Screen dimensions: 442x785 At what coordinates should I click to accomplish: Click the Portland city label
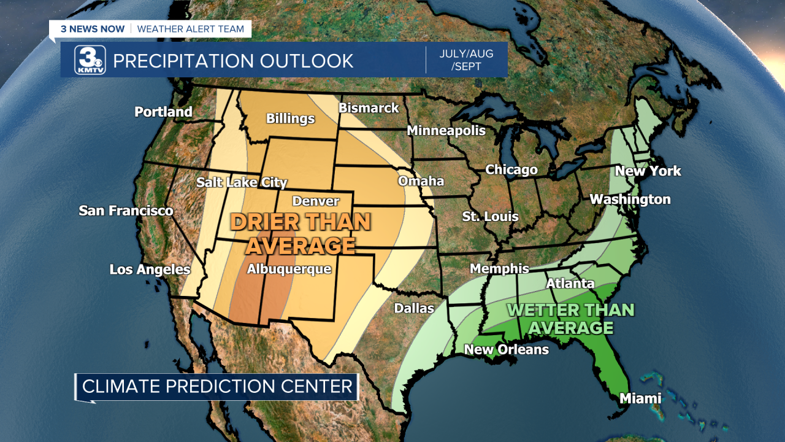[x=163, y=112]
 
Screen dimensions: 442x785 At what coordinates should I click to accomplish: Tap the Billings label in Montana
[x=290, y=118]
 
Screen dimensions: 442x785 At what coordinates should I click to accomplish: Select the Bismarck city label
[x=369, y=108]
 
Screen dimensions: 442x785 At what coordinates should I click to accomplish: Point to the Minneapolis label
[x=446, y=130]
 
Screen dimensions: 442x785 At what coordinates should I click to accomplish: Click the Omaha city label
[x=421, y=181]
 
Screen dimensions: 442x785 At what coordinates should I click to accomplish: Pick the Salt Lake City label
[x=242, y=182]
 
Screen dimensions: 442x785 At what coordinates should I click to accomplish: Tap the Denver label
[x=315, y=201]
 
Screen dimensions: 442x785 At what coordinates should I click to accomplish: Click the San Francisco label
[x=126, y=211]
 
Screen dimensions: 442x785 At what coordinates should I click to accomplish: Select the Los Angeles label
[x=150, y=269]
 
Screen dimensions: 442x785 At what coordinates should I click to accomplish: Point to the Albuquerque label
[x=289, y=269]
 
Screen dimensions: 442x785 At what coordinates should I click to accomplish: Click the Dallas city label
[x=414, y=308]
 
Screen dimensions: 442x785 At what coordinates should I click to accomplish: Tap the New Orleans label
[x=506, y=349]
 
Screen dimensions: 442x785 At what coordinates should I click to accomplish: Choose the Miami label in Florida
[x=640, y=398]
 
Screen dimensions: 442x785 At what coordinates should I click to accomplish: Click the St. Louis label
[x=490, y=216]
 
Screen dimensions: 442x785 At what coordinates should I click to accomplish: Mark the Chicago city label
[x=511, y=169]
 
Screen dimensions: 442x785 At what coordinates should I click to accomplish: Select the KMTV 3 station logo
[x=90, y=61]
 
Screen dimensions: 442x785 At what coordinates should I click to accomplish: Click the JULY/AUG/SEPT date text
[x=466, y=60]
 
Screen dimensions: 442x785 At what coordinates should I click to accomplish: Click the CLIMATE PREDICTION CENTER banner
[x=218, y=386]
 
